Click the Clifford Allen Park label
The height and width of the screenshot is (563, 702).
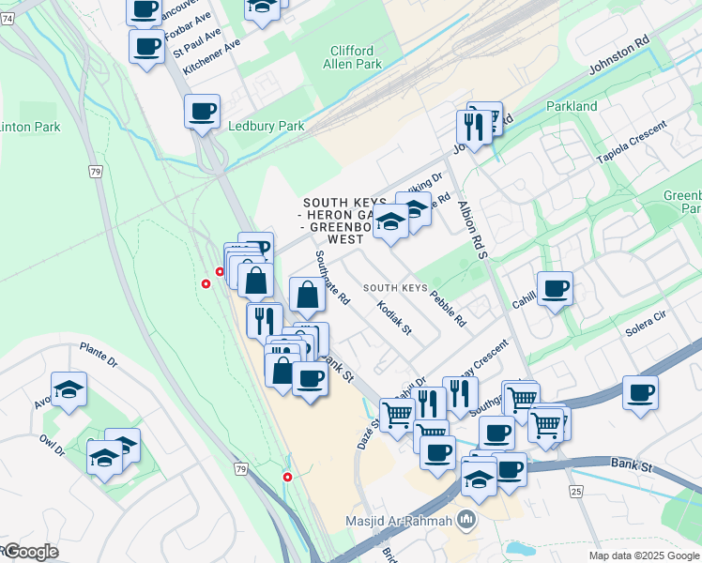[x=352, y=57]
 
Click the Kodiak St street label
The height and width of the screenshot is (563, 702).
[x=393, y=317]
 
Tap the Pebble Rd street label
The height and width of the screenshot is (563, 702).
[x=448, y=308]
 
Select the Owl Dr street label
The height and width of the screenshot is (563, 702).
[x=52, y=443]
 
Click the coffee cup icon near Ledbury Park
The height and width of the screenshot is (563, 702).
[x=202, y=111]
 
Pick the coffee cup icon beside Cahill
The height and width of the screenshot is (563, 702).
[x=555, y=288]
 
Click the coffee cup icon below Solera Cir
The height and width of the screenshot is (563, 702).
[x=640, y=391]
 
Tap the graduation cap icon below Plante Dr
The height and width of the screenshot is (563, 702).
[x=69, y=388]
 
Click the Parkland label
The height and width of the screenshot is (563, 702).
[x=572, y=106]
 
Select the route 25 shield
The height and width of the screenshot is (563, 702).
[x=575, y=491]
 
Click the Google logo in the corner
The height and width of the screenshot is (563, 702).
[x=30, y=552]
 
